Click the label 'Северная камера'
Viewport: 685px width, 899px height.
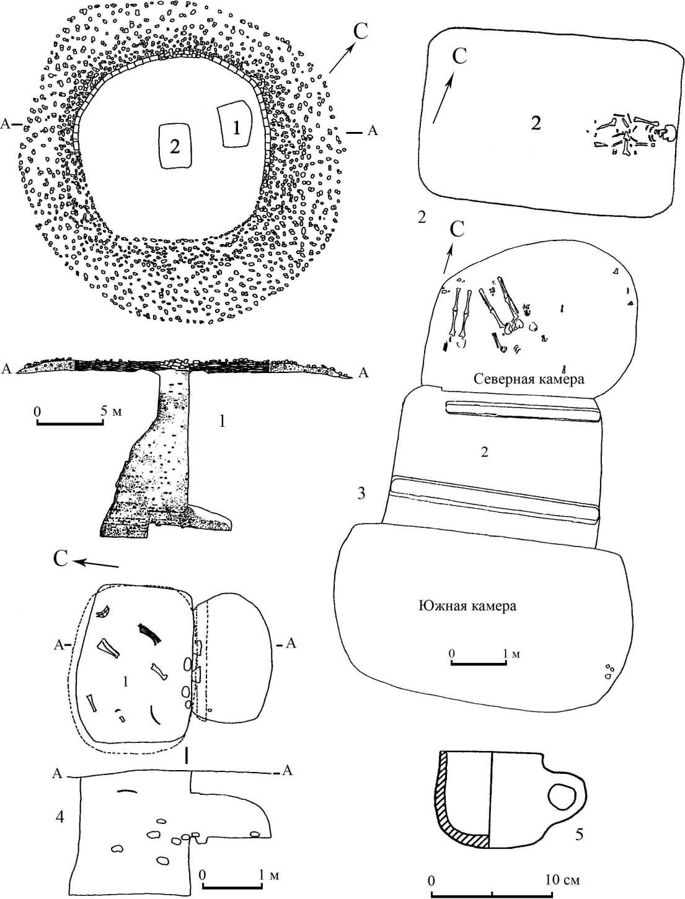[529, 379]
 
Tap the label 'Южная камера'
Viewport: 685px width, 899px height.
[467, 605]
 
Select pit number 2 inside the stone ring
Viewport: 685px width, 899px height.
[175, 146]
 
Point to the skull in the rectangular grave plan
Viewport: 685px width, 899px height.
[669, 133]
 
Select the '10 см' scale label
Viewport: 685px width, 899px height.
[562, 880]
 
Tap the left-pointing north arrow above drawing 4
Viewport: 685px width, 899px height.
[96, 564]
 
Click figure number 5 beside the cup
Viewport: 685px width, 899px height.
[579, 835]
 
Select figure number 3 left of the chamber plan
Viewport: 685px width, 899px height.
[361, 494]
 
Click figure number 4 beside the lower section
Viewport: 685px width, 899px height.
[60, 817]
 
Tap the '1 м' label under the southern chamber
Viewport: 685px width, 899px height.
[511, 654]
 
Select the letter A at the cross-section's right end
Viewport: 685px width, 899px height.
[364, 372]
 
